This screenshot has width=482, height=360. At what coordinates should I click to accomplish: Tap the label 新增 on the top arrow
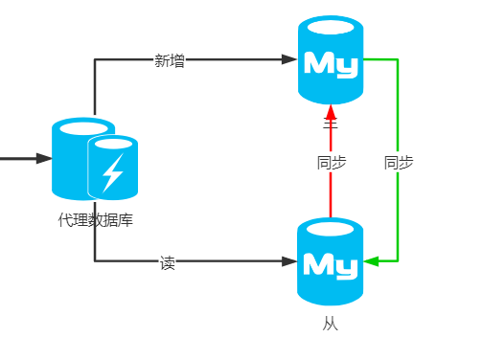click(x=170, y=60)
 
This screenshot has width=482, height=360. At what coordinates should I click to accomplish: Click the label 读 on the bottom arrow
click(x=168, y=261)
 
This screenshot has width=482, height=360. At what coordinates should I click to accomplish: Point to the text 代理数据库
click(x=95, y=220)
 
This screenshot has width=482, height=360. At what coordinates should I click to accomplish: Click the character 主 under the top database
click(x=331, y=124)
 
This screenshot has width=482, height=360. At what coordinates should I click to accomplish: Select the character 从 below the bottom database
click(x=331, y=325)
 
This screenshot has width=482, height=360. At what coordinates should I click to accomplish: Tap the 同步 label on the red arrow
click(x=331, y=163)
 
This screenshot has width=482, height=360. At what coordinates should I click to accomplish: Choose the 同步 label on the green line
click(x=398, y=163)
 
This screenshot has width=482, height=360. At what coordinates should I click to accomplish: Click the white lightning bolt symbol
click(x=113, y=172)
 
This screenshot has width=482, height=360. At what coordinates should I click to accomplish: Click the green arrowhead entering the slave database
click(x=372, y=260)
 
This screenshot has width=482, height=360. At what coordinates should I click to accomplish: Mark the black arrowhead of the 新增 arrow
click(x=289, y=59)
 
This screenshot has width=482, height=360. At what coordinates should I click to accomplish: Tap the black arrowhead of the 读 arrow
click(x=289, y=260)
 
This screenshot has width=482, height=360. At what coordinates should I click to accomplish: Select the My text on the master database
click(x=331, y=65)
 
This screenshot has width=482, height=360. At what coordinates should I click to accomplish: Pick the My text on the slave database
click(x=331, y=265)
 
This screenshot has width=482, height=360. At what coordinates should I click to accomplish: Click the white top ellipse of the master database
click(x=331, y=27)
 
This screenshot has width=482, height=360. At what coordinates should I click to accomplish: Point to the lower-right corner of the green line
click(x=398, y=260)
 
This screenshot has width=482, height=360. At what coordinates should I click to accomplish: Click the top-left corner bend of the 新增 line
click(x=95, y=59)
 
